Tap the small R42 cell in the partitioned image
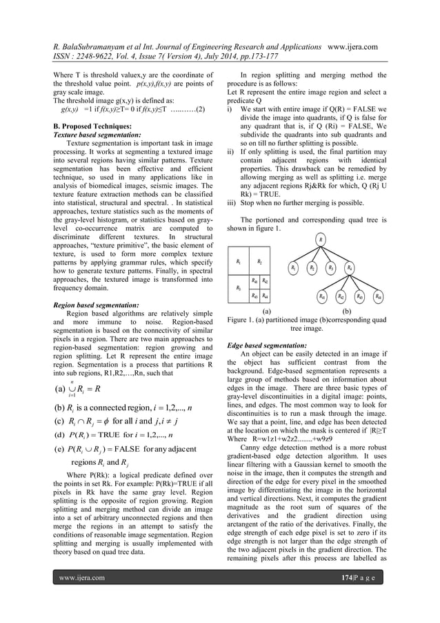pyautogui.click(x=266, y=280)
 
